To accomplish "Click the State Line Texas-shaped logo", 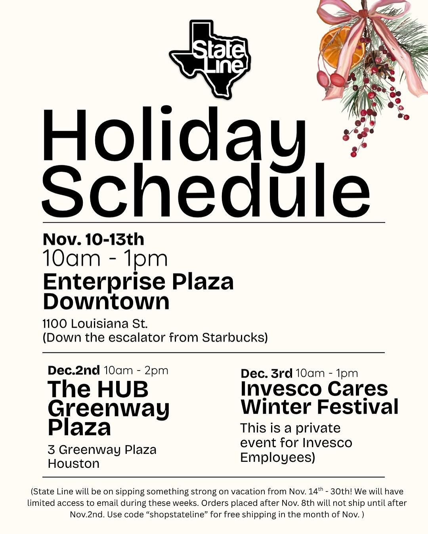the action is [210, 59].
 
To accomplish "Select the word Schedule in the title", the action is [206, 190].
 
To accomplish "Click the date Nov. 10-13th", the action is [93, 240].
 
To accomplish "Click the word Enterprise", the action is [104, 282].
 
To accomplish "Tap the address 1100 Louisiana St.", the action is [95, 324].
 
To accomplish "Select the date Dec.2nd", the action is [74, 371].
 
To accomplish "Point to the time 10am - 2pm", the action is [136, 371].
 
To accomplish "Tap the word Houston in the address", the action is [74, 463].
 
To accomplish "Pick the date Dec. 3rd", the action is [266, 373].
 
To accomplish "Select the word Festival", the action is [357, 407].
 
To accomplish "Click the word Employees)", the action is [277, 457].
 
